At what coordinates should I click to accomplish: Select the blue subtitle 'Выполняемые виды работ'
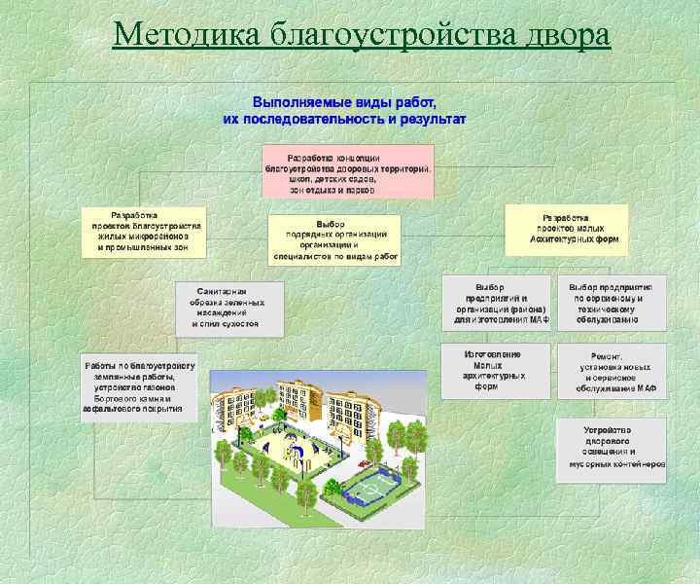point(344,101)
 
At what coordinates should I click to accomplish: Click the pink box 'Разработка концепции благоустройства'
point(347,172)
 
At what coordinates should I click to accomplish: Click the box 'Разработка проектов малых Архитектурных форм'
point(566,229)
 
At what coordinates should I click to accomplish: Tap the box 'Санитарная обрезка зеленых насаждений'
point(229,309)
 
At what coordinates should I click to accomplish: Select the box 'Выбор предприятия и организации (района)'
point(495,303)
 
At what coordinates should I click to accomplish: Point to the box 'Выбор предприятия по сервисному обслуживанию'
point(612,303)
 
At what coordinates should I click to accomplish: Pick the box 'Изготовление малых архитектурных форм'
point(495,370)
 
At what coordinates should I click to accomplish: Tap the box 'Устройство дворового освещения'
point(612,448)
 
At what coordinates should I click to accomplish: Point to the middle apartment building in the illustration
point(297,399)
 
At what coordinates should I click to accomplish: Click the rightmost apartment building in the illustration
point(355,409)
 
